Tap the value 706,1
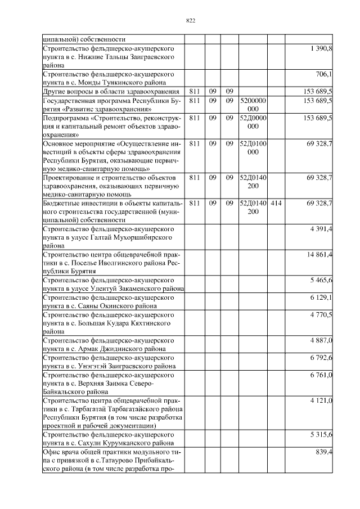[323, 74]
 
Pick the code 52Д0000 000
[253, 123]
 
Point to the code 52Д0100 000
[253, 148]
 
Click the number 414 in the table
[276, 202]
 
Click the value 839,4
[323, 452]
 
